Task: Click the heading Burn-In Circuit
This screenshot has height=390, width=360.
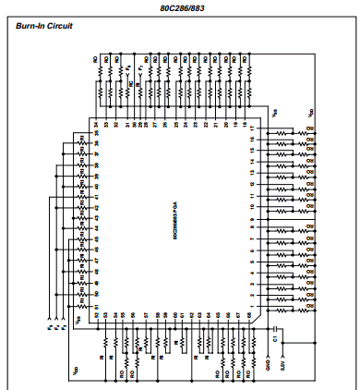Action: pyautogui.click(x=45, y=25)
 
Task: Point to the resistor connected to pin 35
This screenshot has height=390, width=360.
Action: pyautogui.click(x=80, y=136)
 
